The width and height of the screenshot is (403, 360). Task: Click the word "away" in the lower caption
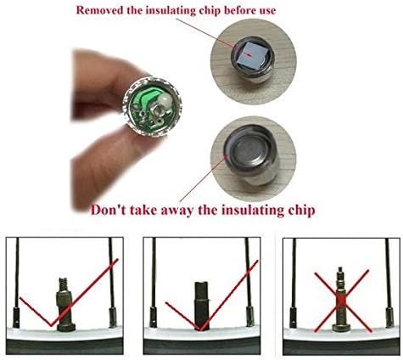click(x=176, y=211)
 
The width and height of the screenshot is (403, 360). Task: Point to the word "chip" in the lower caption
click(x=302, y=211)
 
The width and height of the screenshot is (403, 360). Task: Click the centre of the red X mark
click(x=341, y=301)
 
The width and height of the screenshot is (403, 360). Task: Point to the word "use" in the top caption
click(x=269, y=11)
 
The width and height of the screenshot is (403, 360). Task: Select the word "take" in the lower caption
click(x=143, y=211)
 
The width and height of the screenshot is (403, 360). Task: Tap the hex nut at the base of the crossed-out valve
click(x=341, y=328)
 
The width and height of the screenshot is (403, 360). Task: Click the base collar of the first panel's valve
click(x=66, y=328)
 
